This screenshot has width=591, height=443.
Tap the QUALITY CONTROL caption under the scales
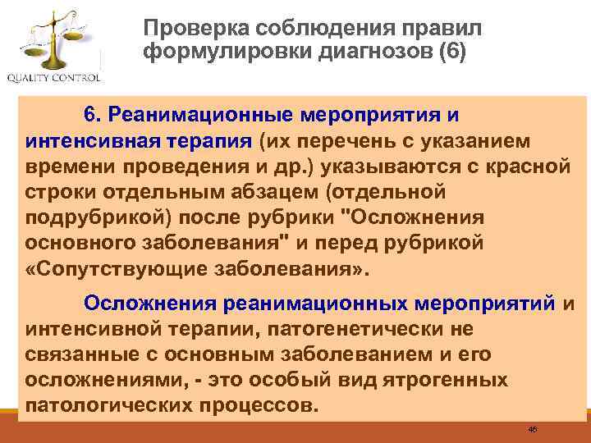click(x=53, y=79)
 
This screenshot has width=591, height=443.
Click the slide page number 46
click(x=533, y=429)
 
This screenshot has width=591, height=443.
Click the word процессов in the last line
click(x=263, y=407)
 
